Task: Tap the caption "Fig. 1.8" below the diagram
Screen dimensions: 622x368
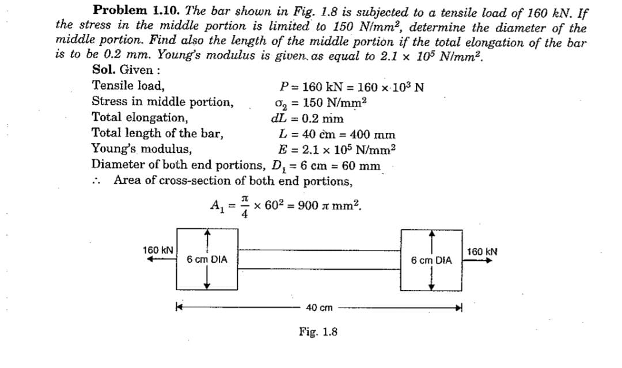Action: [318, 332]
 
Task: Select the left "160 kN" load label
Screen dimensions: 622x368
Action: [159, 251]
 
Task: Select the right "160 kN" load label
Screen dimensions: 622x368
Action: [482, 251]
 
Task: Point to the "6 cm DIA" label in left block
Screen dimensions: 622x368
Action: [207, 260]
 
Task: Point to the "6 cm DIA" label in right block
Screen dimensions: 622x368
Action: [431, 260]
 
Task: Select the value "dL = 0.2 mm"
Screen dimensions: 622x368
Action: [307, 119]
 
